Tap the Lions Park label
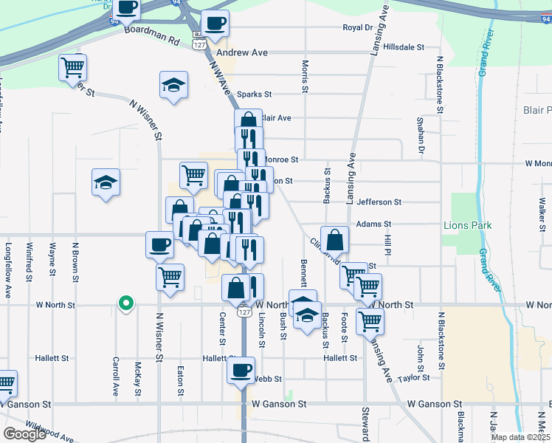pos(463,224)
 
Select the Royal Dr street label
pos(359,27)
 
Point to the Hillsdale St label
pos(400,47)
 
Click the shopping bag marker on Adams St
pos(334,239)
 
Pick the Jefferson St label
pos(379,202)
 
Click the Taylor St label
pos(413,377)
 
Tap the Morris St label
pos(304,77)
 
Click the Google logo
pos(24,434)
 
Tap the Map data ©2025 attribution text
pos(520,437)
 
